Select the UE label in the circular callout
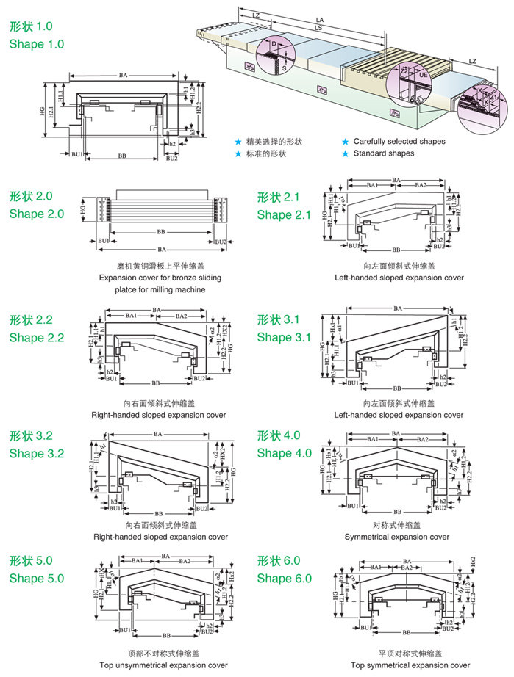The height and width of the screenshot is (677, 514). click(x=422, y=75)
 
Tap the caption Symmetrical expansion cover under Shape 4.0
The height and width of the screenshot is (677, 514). click(x=397, y=537)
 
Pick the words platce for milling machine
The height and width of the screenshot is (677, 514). click(x=160, y=289)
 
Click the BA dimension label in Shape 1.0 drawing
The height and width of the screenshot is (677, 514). click(x=123, y=75)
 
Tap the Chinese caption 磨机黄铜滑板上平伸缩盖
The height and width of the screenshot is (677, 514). click(x=160, y=267)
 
